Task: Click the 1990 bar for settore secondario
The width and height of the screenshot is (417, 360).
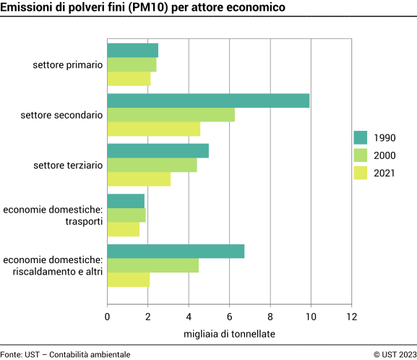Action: pos(208,100)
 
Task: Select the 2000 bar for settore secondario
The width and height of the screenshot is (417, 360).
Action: pos(171,114)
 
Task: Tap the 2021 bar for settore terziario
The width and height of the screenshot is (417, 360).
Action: pos(139,179)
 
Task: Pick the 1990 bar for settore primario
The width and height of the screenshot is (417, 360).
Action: pos(132,51)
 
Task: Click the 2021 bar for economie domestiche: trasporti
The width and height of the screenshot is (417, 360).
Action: pos(123,229)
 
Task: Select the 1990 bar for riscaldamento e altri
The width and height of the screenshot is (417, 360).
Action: pos(176,251)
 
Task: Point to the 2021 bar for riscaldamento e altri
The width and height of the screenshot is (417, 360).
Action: pos(128,279)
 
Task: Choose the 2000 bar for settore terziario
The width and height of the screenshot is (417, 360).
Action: pos(152,165)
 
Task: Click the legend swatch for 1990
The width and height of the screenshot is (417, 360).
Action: pos(361,138)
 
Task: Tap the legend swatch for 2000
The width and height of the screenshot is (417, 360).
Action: pos(361,155)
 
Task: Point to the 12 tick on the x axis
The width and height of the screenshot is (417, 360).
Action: pos(351,316)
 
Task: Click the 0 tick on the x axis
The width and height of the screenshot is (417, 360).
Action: pos(108,316)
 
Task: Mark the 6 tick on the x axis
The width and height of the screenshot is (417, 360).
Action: pos(229,316)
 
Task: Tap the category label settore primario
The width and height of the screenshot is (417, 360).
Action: pos(67,64)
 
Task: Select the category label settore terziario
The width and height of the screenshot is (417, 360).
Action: pos(68,165)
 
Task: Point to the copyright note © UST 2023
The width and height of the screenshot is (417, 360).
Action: pos(395,354)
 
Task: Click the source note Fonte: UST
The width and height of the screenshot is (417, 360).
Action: pos(20,354)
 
